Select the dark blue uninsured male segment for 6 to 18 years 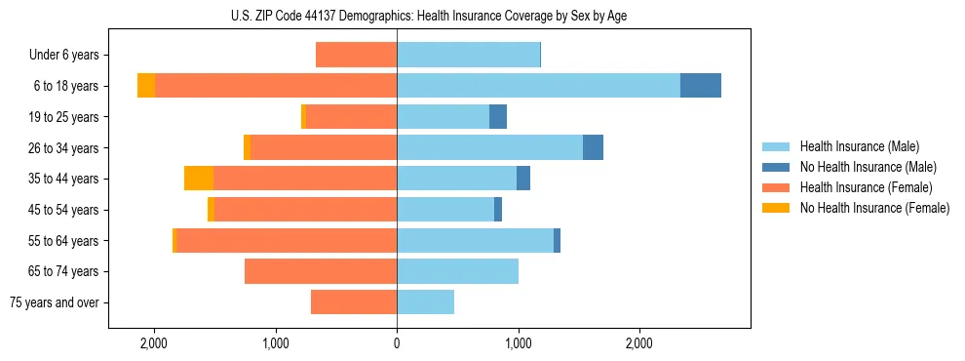[x=700, y=86]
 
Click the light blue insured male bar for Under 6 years [x=468, y=55]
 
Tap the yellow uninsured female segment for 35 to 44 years [x=198, y=179]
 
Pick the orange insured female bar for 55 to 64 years [x=286, y=240]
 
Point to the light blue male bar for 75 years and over [x=425, y=302]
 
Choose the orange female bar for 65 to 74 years [x=321, y=271]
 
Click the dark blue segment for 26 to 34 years [x=593, y=147]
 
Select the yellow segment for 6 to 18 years [x=146, y=86]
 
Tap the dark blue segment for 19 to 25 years [x=498, y=117]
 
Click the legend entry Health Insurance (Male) [x=859, y=146]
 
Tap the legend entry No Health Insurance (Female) [x=874, y=208]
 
